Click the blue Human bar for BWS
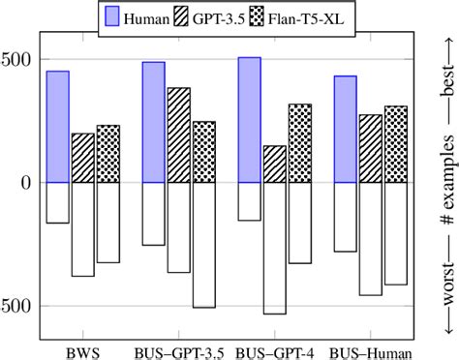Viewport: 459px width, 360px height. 57,127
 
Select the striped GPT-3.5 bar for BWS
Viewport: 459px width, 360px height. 82,158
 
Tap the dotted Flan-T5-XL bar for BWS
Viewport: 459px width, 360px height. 107,154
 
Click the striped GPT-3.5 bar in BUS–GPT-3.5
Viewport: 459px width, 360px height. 178,135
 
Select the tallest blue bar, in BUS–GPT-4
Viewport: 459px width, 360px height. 249,120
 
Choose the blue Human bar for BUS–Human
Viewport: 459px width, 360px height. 345,129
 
